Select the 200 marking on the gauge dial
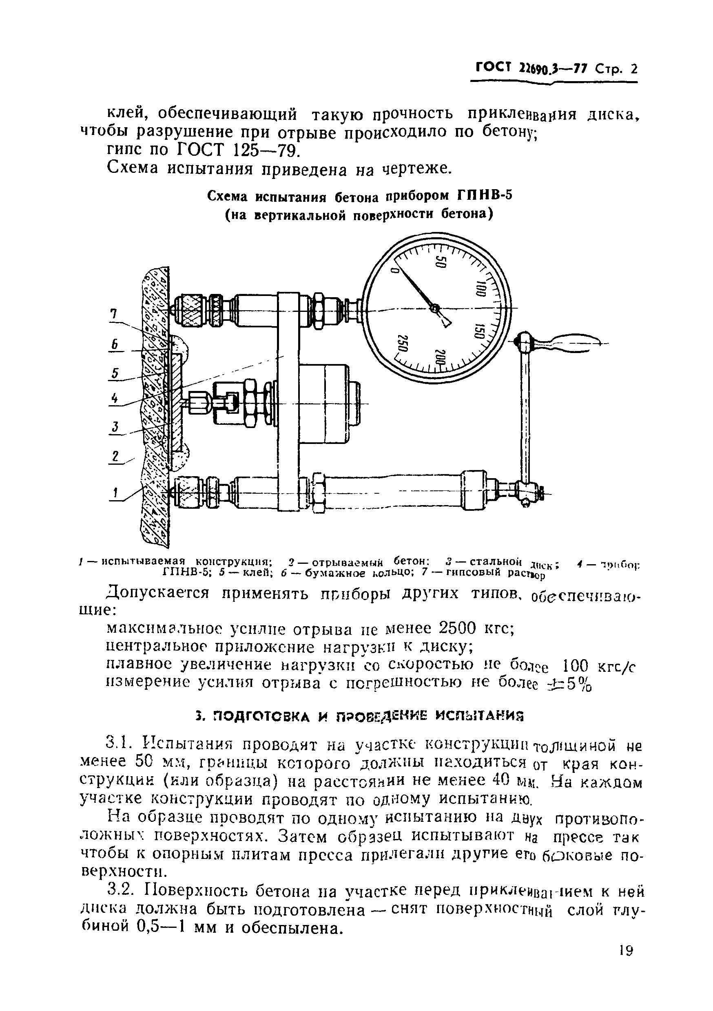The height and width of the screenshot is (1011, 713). (441, 357)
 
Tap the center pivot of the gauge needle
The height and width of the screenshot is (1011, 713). (435, 309)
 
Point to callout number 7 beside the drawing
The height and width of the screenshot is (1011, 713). (114, 314)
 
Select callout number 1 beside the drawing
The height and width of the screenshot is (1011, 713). (115, 492)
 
